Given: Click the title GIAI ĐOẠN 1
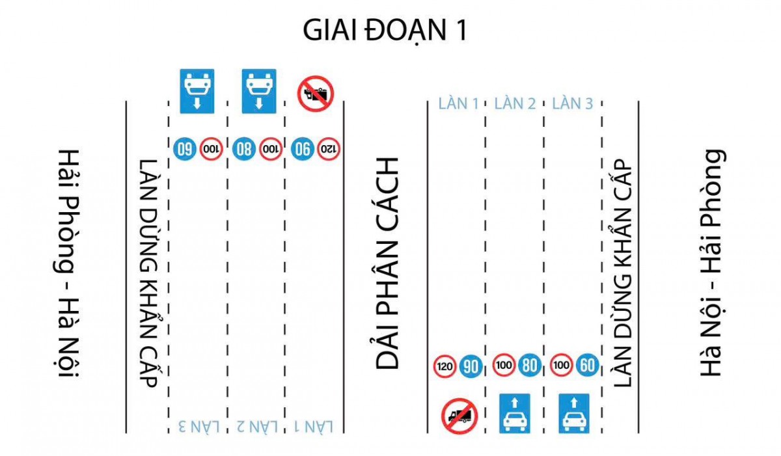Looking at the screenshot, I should (385, 30).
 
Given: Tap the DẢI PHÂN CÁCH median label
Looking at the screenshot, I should (388, 263).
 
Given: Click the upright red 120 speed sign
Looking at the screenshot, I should (445, 367).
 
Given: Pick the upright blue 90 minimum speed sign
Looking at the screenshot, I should (471, 367).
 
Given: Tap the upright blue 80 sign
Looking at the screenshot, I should (529, 366).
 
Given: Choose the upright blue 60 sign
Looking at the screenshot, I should (586, 366).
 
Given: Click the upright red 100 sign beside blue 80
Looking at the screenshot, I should (503, 366).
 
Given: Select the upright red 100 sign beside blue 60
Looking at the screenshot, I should (561, 366).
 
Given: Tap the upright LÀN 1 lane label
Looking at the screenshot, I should (458, 103).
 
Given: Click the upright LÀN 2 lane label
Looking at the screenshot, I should (515, 103).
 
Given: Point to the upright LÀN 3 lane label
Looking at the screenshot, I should (572, 103).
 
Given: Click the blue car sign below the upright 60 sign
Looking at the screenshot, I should (573, 413).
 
